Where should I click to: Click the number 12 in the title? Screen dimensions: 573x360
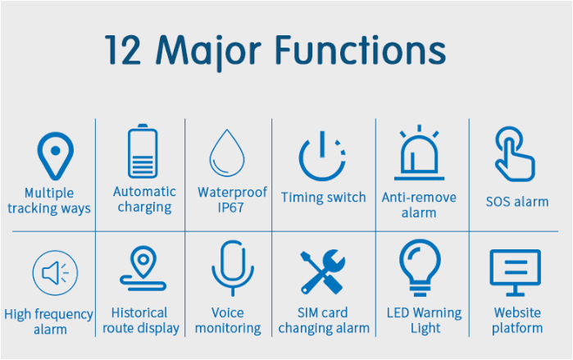(122, 50)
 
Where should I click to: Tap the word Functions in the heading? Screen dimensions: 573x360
(360, 50)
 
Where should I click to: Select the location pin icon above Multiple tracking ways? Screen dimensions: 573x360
(56, 156)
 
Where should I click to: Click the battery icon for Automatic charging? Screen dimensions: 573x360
(143, 152)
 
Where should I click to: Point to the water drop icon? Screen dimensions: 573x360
(227, 153)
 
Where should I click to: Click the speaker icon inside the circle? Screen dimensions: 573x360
(51, 272)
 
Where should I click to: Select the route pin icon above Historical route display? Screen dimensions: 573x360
(143, 267)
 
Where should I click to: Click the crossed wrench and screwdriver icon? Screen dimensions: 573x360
(323, 272)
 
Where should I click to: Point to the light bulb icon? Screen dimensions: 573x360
(420, 267)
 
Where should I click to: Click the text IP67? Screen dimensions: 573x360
(230, 207)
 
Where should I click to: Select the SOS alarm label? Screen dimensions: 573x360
(517, 202)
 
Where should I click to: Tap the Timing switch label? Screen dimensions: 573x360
(324, 198)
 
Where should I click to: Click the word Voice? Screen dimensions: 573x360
(228, 313)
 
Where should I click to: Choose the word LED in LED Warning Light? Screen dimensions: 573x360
(398, 313)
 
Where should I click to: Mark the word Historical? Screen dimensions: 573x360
(139, 313)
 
